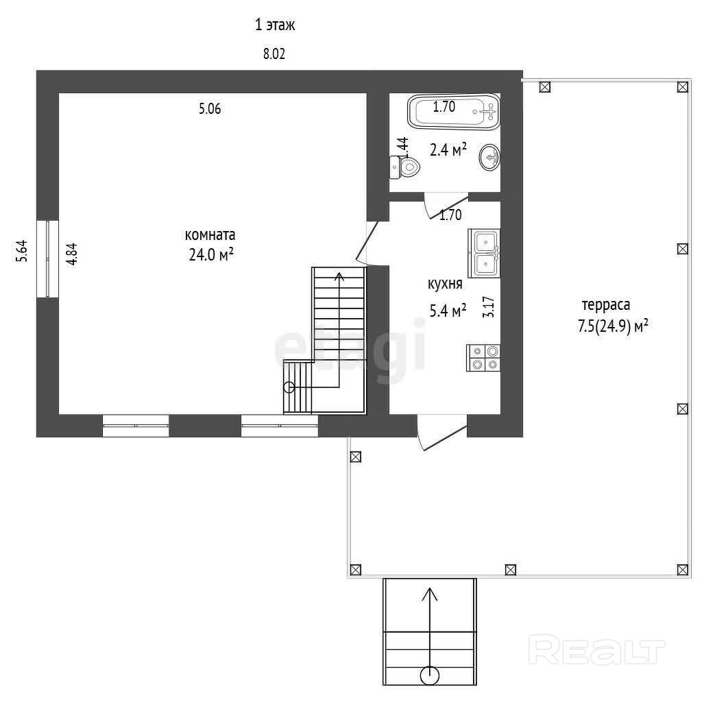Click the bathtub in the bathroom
pyautogui.click(x=454, y=112)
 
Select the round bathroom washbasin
pyautogui.click(x=489, y=157)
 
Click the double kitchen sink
pyautogui.click(x=484, y=254)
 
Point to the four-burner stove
pyautogui.click(x=483, y=358)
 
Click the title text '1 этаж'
pyautogui.click(x=275, y=25)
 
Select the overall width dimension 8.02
pyautogui.click(x=274, y=54)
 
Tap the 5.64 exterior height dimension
pyautogui.click(x=22, y=251)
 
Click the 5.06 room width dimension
pyautogui.click(x=210, y=109)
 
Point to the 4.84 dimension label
pyautogui.click(x=71, y=254)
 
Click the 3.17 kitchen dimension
pyautogui.click(x=488, y=307)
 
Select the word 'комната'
pyautogui.click(x=210, y=235)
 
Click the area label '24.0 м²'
pyautogui.click(x=211, y=254)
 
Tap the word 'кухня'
pyautogui.click(x=445, y=284)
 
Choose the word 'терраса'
pyautogui.click(x=606, y=305)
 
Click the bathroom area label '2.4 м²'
pyautogui.click(x=448, y=149)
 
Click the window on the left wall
pyautogui.click(x=48, y=258)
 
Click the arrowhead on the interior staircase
pyautogui.click(x=339, y=277)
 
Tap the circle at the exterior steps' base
pyautogui.click(x=430, y=675)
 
